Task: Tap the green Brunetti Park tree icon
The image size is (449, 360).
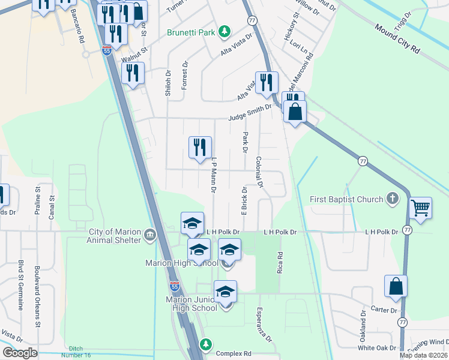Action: tap(224, 31)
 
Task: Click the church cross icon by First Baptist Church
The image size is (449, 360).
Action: tap(393, 199)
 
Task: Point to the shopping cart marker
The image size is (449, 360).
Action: tap(421, 209)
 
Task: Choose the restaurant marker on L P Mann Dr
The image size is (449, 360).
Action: tap(200, 148)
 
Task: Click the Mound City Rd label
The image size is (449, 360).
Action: tap(397, 38)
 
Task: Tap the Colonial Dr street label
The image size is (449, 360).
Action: tap(259, 173)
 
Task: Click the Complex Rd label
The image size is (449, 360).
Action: tap(234, 353)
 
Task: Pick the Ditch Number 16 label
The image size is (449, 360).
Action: tap(76, 352)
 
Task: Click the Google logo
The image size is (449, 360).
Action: tap(20, 353)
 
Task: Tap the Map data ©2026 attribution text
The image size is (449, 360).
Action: tap(423, 355)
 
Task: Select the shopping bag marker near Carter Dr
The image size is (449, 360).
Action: tap(396, 287)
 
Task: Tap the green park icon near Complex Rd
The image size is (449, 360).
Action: tap(206, 344)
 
